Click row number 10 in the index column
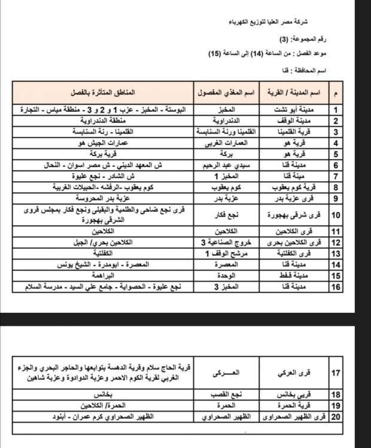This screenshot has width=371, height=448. click(x=336, y=214)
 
